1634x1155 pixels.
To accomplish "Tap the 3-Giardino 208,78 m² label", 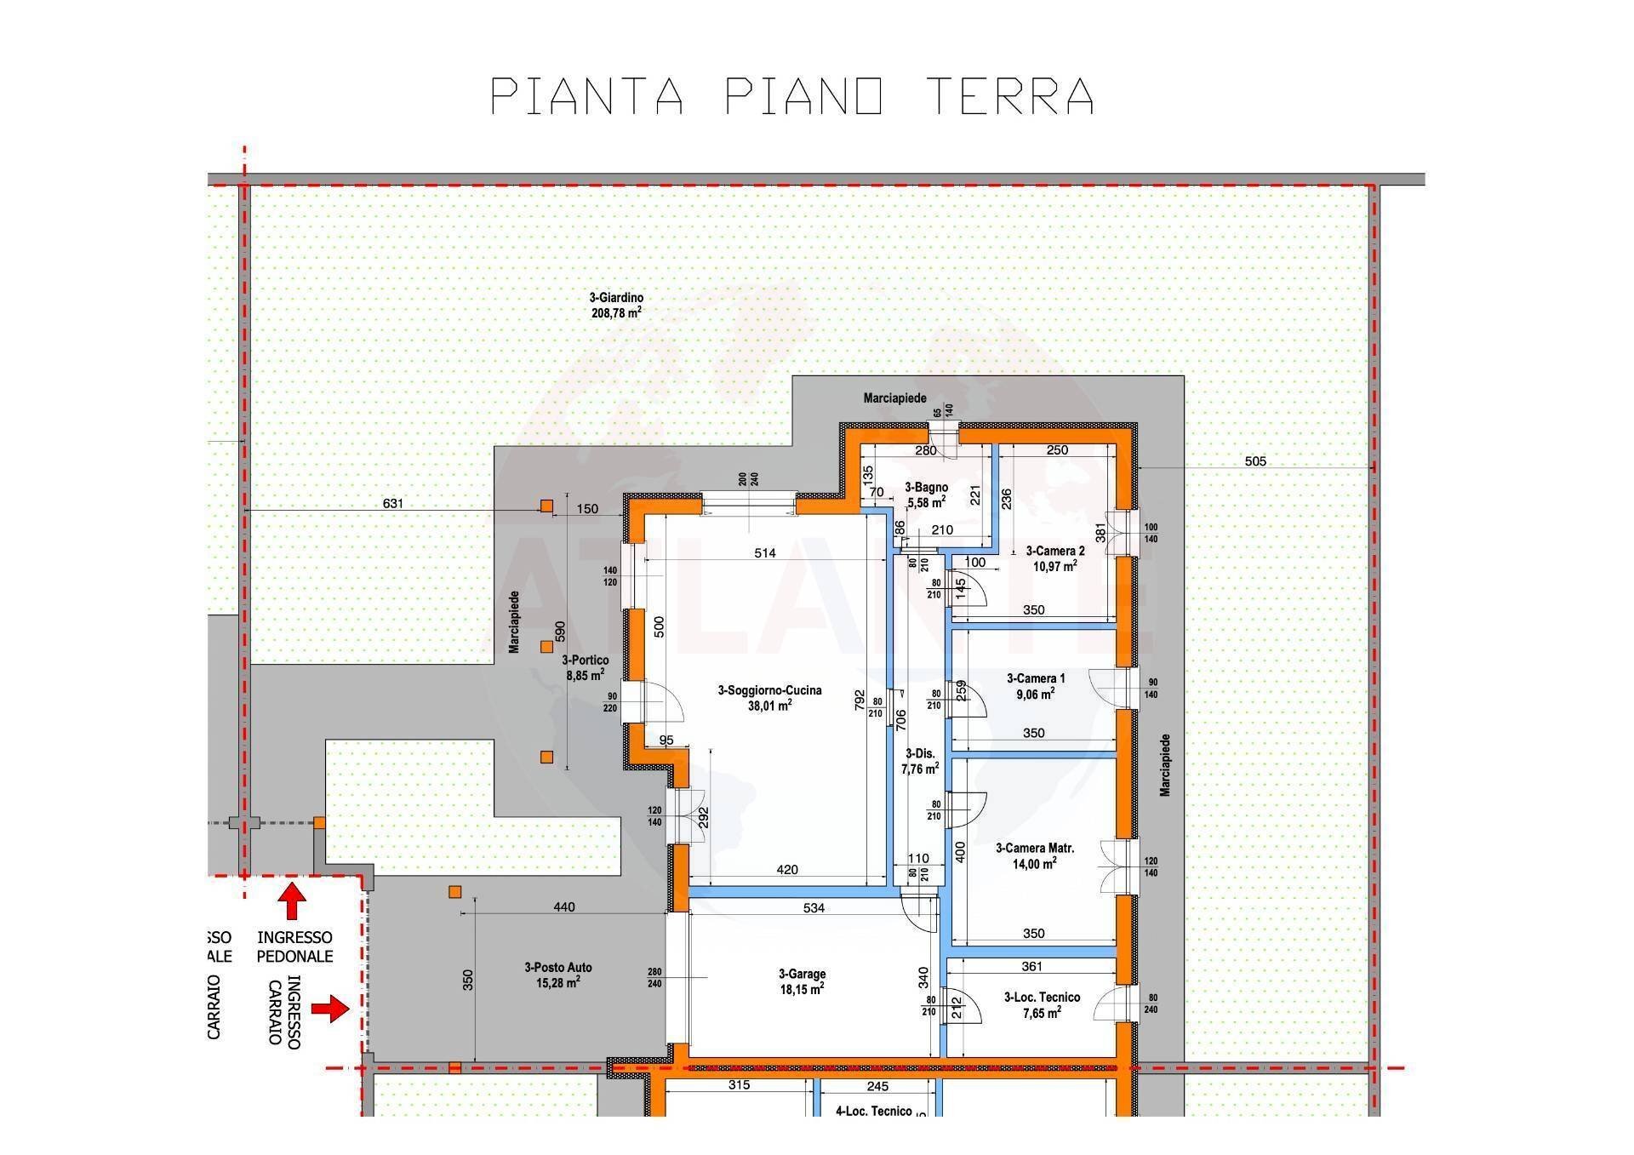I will [616, 306].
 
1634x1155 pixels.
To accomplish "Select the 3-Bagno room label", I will [926, 495].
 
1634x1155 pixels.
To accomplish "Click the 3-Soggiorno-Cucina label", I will [769, 697].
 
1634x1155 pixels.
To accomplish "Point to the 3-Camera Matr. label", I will [1035, 855].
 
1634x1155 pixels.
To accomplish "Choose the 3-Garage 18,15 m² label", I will [802, 981].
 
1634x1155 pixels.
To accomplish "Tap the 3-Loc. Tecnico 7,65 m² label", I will [1042, 1004].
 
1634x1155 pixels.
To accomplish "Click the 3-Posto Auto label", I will [557, 975].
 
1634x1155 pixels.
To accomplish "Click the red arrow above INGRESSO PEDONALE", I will [292, 901].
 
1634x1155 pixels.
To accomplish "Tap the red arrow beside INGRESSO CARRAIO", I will [330, 1009].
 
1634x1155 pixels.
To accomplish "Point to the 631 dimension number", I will [392, 504].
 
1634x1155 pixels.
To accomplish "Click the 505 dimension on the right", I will [1255, 461].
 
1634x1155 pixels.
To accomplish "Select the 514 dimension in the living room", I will [764, 553].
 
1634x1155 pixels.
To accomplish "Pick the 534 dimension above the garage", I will [814, 908].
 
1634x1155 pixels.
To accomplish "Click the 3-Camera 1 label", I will [1035, 686].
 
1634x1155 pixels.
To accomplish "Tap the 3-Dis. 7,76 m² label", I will [920, 761].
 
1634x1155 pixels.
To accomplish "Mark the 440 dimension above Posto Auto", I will [563, 907].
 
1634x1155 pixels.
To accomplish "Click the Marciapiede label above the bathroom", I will [894, 397].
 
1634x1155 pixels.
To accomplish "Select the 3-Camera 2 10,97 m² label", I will [1054, 558].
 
